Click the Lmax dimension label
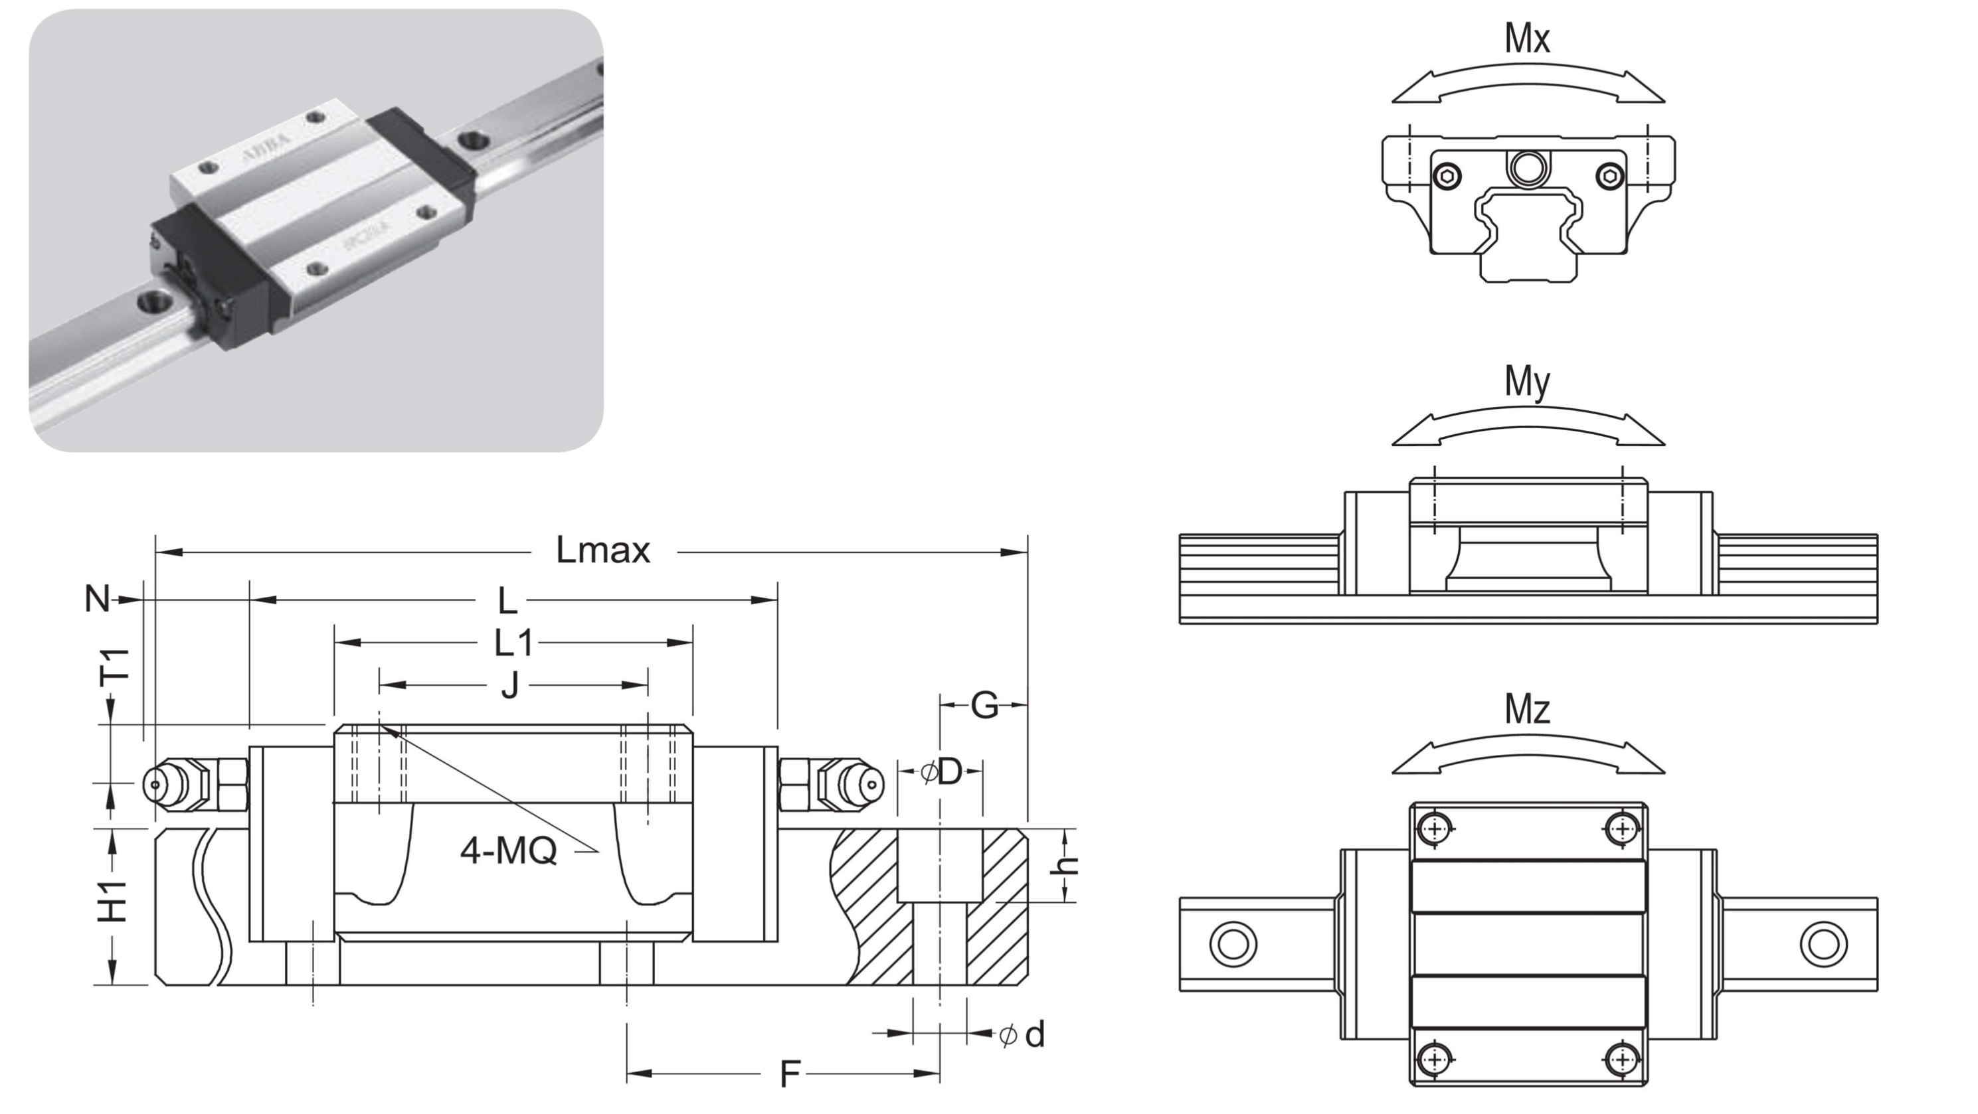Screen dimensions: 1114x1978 point(603,550)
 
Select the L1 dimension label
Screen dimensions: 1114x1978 point(513,643)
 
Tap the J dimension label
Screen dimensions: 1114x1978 point(510,685)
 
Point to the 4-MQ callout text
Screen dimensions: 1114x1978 point(508,850)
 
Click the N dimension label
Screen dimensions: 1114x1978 point(97,599)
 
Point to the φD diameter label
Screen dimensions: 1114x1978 point(941,771)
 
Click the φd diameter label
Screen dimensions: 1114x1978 point(1023,1035)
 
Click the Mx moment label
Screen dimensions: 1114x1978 point(1527,39)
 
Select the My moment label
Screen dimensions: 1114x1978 point(1527,382)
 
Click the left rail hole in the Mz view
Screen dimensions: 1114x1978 point(1233,943)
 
